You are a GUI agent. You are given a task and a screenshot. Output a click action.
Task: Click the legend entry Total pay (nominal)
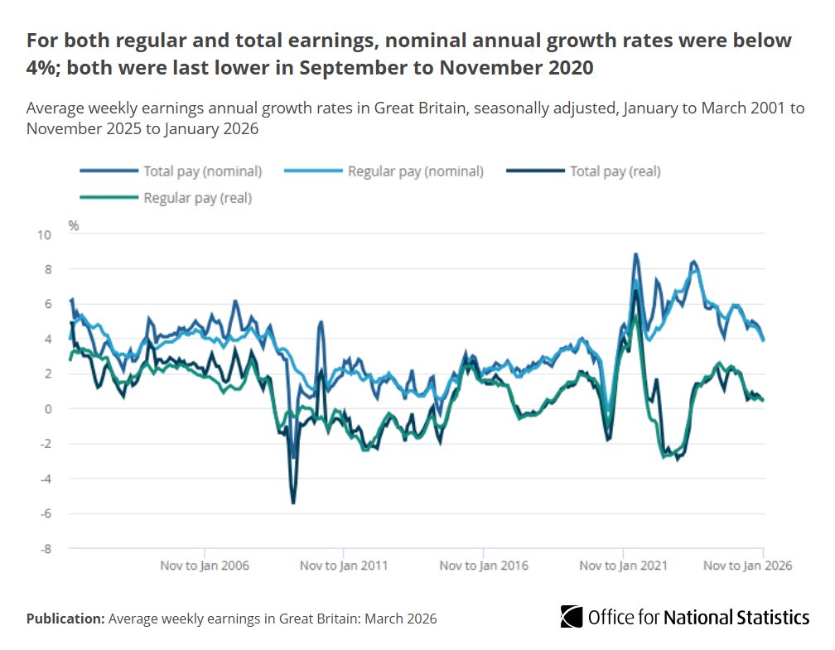coord(202,171)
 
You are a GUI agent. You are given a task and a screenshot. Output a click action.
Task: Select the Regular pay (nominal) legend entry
coord(414,171)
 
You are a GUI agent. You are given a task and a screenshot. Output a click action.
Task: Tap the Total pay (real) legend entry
coord(615,171)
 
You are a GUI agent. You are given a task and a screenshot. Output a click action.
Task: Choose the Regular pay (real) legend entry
coord(197,198)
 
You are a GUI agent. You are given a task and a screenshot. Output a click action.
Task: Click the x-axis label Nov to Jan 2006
coord(204,566)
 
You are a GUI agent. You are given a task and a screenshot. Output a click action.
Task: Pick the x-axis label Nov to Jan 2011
coord(343,566)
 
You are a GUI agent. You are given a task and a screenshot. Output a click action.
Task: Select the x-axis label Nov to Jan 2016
coord(483,566)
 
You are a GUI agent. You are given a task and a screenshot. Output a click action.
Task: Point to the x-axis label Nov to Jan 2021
coord(623,566)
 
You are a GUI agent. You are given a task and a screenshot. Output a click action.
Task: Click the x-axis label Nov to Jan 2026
coord(747,566)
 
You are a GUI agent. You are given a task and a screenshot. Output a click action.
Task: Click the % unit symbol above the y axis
coord(74,225)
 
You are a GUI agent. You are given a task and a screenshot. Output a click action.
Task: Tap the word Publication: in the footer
coord(65,619)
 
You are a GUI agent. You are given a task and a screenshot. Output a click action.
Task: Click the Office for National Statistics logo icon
coord(571,617)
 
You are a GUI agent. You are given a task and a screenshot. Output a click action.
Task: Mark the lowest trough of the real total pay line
coord(293,503)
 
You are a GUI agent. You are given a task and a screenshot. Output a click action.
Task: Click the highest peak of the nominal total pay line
coord(635,254)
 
